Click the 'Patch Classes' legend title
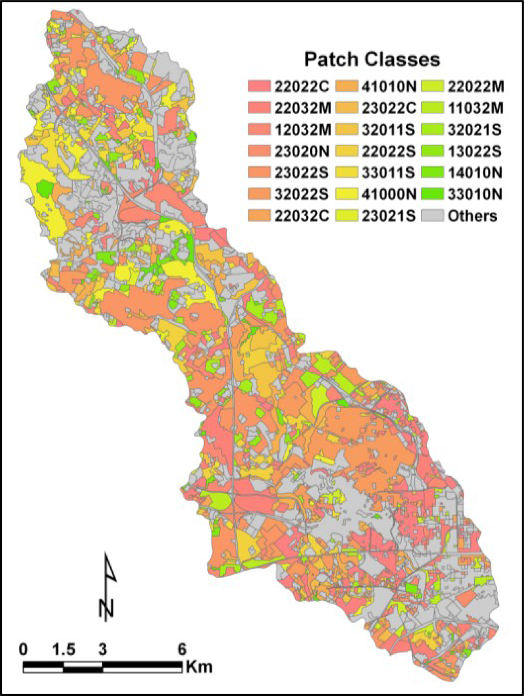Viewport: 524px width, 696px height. tap(372, 59)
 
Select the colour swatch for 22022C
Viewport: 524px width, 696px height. tap(259, 87)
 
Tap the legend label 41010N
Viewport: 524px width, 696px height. tap(389, 87)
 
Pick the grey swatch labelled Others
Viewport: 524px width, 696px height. tap(432, 216)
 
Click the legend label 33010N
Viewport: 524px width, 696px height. tap(475, 194)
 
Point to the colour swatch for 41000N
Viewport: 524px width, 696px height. tap(346, 194)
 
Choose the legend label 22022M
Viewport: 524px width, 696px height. tap(475, 87)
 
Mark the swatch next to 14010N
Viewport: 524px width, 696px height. tap(432, 173)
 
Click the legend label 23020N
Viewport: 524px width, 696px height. tap(302, 151)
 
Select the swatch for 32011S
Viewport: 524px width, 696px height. tap(346, 130)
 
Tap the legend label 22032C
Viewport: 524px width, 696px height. tap(302, 216)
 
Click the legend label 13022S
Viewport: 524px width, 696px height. tap(475, 151)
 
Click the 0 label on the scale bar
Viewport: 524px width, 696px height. tap(24, 649)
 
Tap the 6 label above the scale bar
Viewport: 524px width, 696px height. tap(181, 649)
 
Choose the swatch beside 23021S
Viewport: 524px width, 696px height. tap(346, 216)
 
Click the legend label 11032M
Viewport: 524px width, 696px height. tap(475, 108)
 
